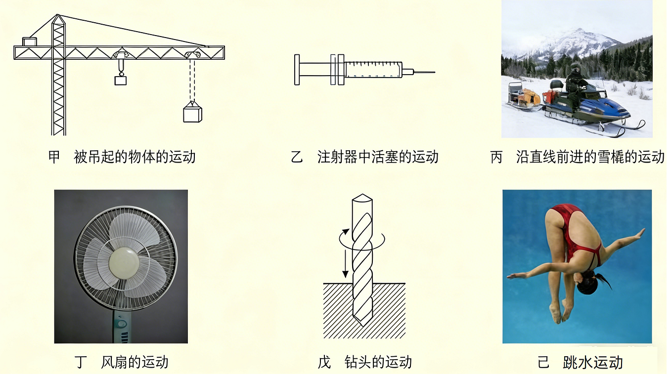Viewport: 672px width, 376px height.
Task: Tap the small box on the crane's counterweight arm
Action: tap(30, 42)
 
